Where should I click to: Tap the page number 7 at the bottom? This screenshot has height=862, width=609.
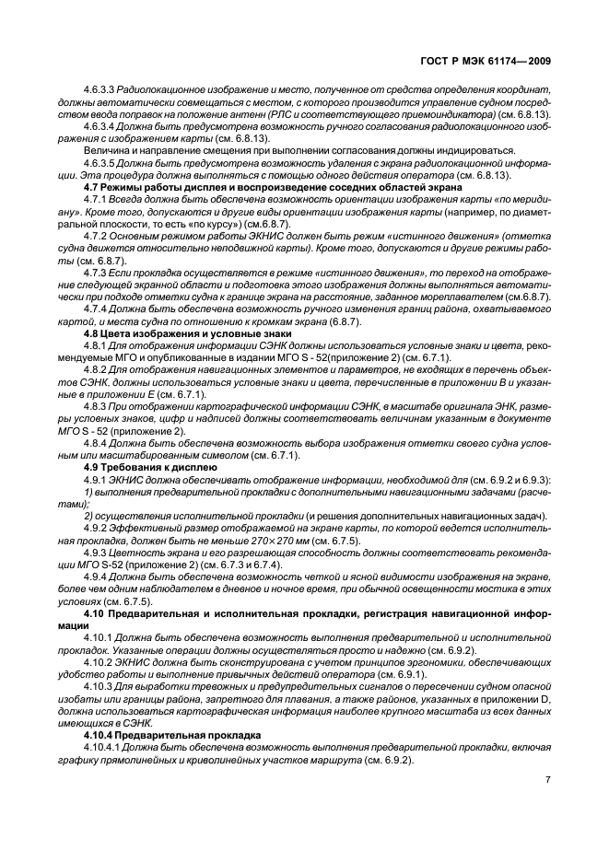[547, 780]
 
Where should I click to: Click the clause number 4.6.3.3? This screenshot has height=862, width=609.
[98, 89]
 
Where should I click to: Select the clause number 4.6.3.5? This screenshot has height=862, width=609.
[98, 161]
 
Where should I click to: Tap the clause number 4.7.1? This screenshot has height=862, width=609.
[94, 197]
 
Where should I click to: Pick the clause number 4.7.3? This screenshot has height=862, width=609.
[94, 273]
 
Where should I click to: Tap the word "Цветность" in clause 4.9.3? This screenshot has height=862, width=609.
[140, 553]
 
